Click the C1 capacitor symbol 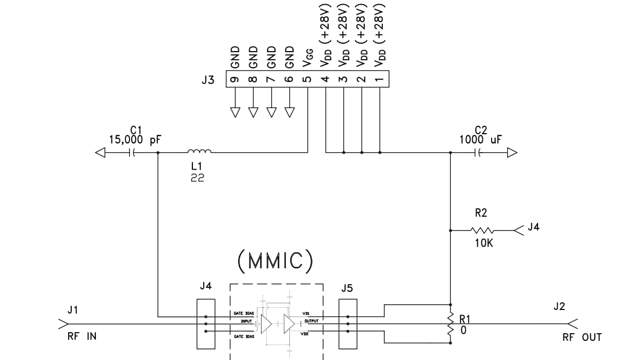pyautogui.click(x=132, y=152)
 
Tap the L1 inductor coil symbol pyautogui.click(x=199, y=151)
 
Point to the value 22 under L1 pyautogui.click(x=197, y=178)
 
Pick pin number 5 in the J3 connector pyautogui.click(x=307, y=79)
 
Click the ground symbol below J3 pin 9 pyautogui.click(x=235, y=112)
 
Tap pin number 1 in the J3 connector pyautogui.click(x=380, y=79)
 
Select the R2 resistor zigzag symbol pyautogui.click(x=483, y=231)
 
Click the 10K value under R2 pyautogui.click(x=483, y=243)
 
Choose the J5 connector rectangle pyautogui.click(x=348, y=323)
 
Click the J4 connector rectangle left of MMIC pyautogui.click(x=206, y=323)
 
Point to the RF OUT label pyautogui.click(x=582, y=337)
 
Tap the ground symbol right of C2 pyautogui.click(x=511, y=152)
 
